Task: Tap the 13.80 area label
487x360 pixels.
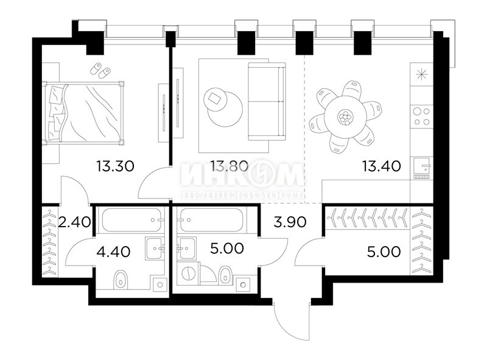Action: (x=228, y=164)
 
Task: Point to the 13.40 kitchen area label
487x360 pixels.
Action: (x=384, y=164)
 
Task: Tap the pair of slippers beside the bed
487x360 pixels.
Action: (x=100, y=70)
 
